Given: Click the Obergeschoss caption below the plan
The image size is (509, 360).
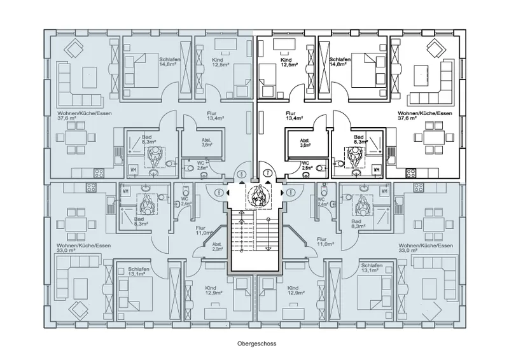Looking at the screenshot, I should point(254,342).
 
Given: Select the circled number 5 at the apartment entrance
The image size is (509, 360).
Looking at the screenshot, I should point(220,192).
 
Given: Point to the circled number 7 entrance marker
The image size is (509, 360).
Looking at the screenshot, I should point(268,173).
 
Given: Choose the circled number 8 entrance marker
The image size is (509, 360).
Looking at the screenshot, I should point(289,192).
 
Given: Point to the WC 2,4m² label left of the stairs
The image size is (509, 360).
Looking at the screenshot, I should point(184,202).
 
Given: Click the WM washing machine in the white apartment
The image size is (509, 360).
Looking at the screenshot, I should point(377,170).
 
